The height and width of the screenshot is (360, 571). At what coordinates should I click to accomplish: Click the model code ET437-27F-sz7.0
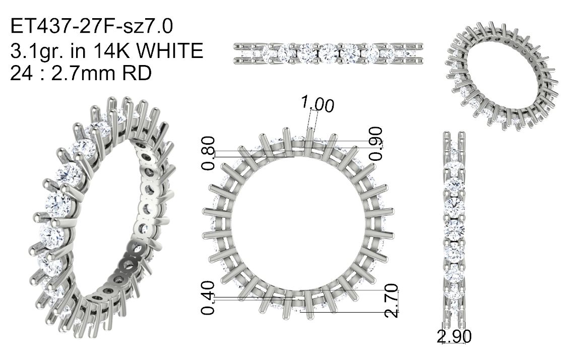point(91,27)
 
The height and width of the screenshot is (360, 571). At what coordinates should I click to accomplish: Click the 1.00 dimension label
point(317,104)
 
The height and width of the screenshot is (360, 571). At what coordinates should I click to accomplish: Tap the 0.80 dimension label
point(208,153)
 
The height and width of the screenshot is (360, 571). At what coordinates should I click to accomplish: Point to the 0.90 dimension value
point(375,143)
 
